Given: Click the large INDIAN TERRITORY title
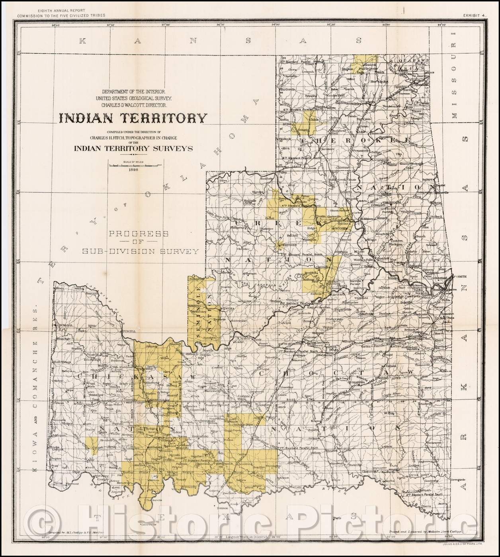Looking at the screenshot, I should point(133,118).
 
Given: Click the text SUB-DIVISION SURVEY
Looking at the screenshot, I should point(140,251).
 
